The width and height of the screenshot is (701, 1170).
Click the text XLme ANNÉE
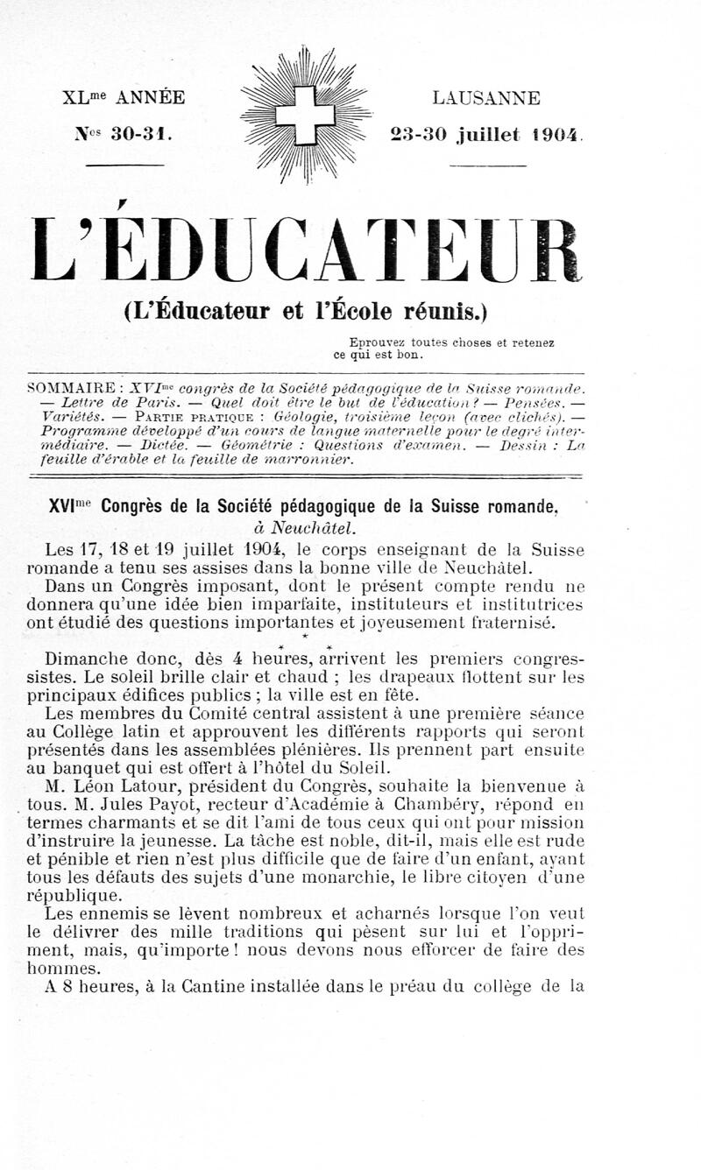[x=124, y=98]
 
